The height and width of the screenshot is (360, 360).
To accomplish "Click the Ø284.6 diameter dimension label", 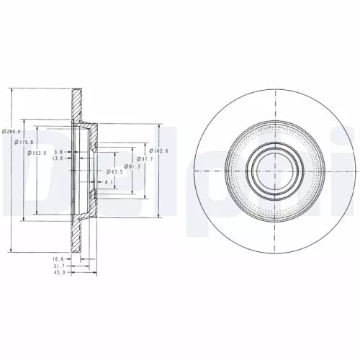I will pos(12,132).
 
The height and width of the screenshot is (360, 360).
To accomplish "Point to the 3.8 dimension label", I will pos(58,152).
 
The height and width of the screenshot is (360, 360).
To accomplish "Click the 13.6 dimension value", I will pos(57,159).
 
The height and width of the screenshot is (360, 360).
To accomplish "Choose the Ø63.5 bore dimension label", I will pos(114,172).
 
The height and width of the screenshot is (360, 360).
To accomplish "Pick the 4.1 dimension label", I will pos(107,183).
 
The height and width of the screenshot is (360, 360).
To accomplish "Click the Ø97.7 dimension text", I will pos(147,158).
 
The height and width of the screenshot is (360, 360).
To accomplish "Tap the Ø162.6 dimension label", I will pos(159,150).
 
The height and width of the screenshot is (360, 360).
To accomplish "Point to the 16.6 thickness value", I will pos(58,258).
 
